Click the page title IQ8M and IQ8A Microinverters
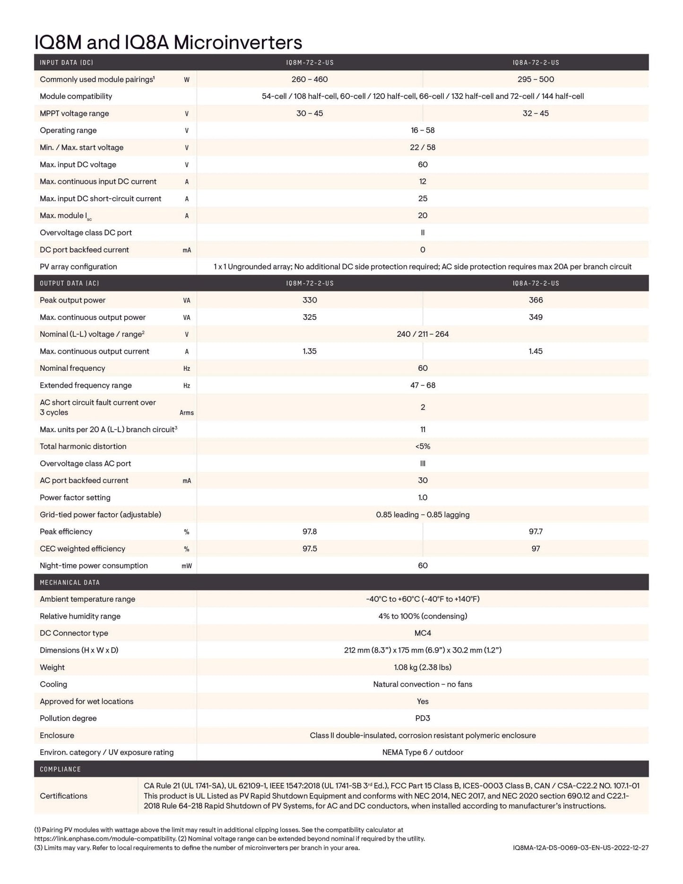[168, 43]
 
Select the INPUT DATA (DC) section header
[66, 62]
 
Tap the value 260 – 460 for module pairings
[310, 79]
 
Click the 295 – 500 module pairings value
[536, 79]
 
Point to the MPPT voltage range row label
[74, 114]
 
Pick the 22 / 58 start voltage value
[423, 148]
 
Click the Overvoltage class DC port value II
[423, 233]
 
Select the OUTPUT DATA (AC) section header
[69, 283]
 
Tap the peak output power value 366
[536, 300]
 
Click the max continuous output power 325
[310, 317]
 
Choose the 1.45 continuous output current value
[536, 351]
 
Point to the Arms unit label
[187, 413]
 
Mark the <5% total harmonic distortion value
[423, 446]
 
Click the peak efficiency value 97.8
[310, 532]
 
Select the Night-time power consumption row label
[94, 566]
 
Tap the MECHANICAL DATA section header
[70, 583]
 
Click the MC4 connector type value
[423, 633]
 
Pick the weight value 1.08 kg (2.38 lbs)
[423, 667]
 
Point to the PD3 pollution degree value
[423, 718]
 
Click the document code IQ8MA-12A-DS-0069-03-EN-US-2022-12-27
[580, 848]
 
